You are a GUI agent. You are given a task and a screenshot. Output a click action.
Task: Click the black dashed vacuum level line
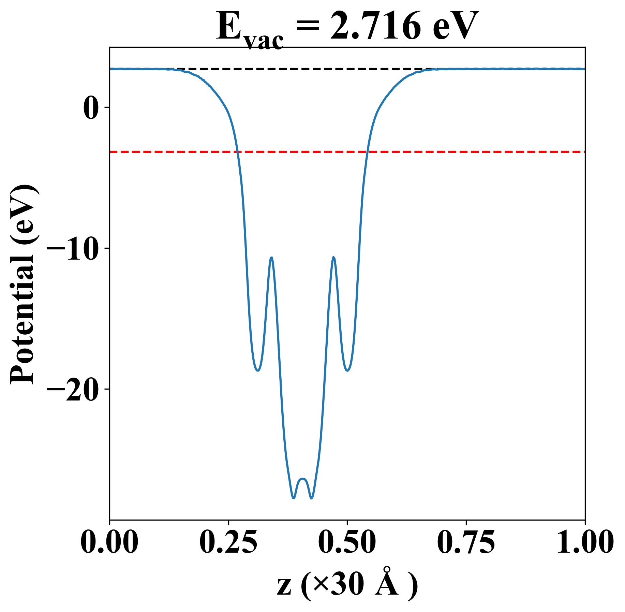(307, 69)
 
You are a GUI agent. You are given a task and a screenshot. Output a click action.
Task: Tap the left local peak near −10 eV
(271, 258)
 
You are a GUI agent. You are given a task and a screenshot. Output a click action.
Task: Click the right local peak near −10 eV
(333, 258)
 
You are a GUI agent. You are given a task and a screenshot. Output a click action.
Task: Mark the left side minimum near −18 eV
(258, 370)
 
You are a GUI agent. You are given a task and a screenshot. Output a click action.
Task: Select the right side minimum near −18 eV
(347, 370)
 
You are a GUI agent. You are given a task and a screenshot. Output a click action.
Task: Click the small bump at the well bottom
(303, 479)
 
